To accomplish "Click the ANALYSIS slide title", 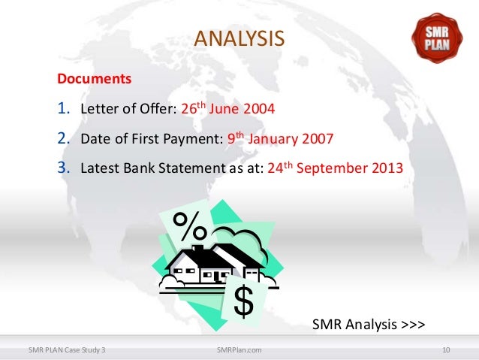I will tap(239, 38).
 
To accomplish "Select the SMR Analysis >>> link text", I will tap(369, 325).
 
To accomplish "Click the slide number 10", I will tap(446, 349).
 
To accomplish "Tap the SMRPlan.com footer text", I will tap(239, 349).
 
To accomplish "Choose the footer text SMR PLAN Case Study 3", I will tap(67, 349).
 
